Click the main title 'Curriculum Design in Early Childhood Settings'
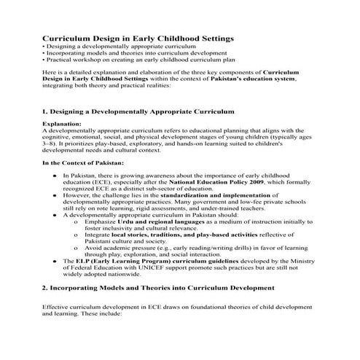point(138,36)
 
